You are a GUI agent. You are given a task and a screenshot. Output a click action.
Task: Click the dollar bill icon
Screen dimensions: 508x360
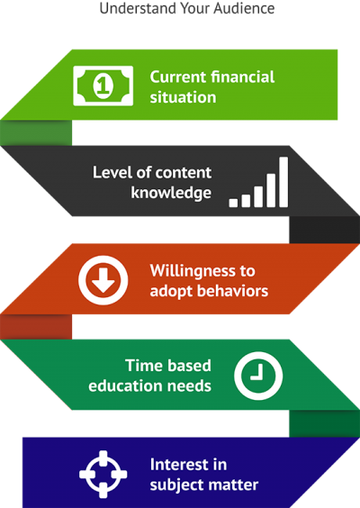coord(103,86)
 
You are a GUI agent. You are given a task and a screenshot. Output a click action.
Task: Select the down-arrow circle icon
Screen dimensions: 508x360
coord(104,280)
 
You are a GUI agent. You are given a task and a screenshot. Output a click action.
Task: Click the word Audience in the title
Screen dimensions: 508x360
coord(240,8)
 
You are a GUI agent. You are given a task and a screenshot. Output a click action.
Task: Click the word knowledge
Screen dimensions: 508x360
coord(170,192)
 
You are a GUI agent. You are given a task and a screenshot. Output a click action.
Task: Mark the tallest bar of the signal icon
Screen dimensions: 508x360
coord(283,182)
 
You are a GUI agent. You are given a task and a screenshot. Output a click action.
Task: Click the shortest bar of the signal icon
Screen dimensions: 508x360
coord(234,202)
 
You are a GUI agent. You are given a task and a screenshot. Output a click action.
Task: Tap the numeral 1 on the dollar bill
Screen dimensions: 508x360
coord(103,86)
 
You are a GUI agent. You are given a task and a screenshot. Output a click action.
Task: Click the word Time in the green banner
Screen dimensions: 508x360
coord(143,365)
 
